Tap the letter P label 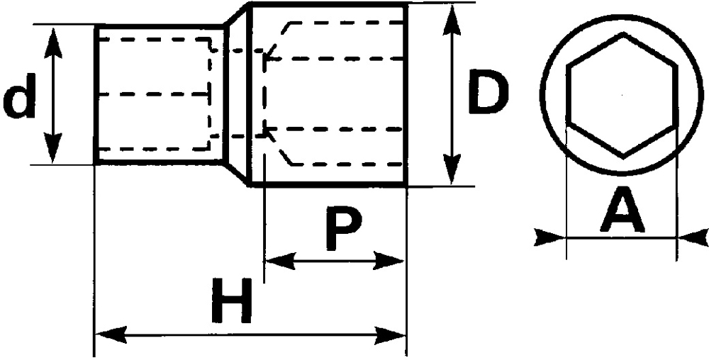point(343,229)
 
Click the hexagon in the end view point(623,94)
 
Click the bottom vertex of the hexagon point(623,156)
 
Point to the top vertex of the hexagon point(623,33)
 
